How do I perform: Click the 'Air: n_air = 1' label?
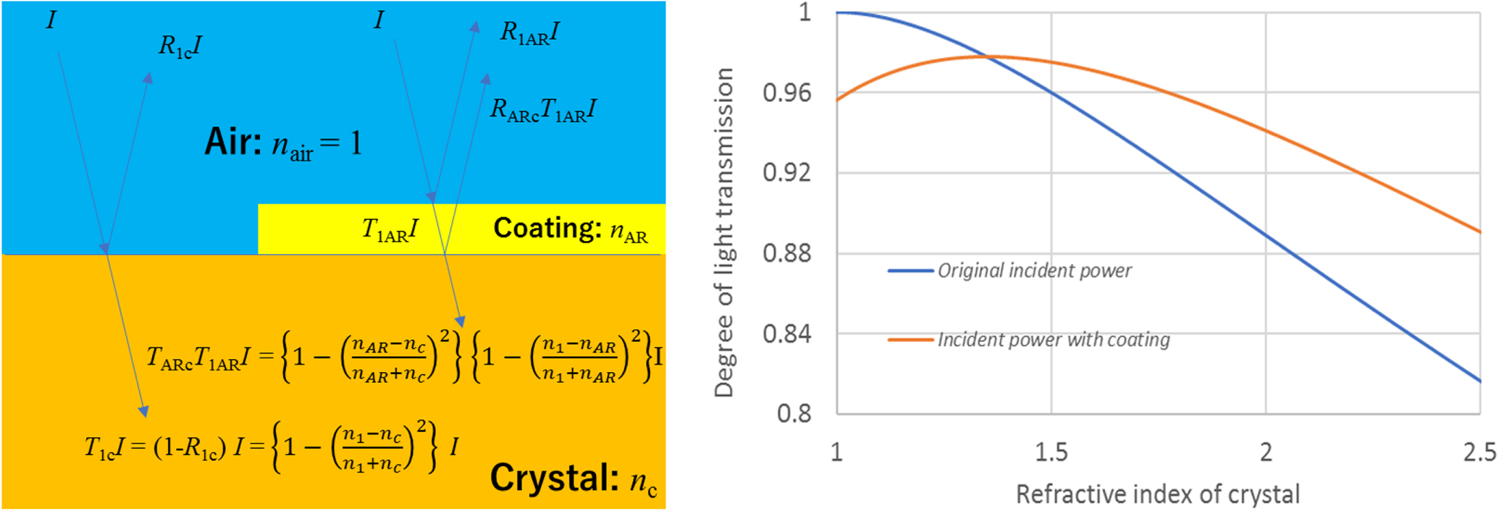click(282, 143)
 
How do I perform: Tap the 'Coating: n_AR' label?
click(570, 229)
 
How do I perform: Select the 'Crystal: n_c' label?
click(574, 479)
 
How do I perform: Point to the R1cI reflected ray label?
click(180, 47)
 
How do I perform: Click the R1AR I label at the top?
click(530, 33)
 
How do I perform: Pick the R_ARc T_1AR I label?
click(543, 110)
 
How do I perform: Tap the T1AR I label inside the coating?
click(390, 230)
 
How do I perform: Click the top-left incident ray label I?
click(51, 20)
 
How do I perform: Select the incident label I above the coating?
click(378, 20)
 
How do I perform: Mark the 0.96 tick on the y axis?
click(786, 93)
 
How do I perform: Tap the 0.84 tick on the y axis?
click(786, 334)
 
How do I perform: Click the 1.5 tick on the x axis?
click(1051, 452)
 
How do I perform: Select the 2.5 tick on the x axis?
click(1479, 452)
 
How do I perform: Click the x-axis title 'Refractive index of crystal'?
click(1157, 494)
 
